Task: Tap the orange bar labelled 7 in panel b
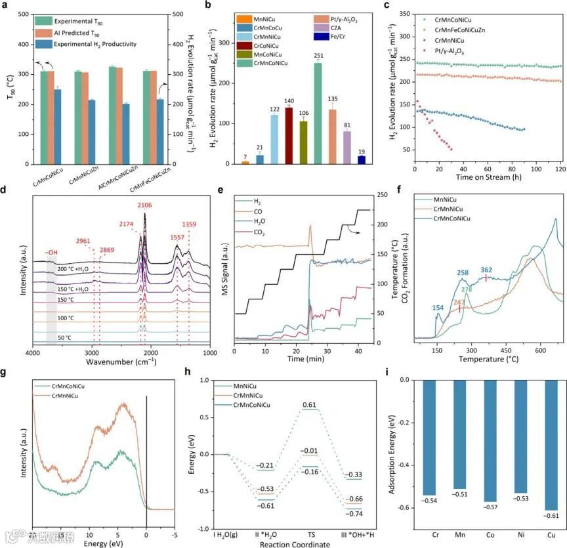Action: [x=245, y=162]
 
